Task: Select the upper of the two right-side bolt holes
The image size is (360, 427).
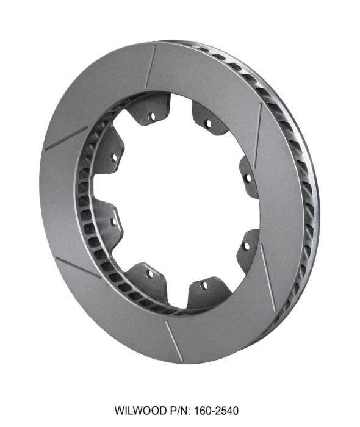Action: pos(247,179)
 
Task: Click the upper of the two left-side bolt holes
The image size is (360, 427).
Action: pos(113,157)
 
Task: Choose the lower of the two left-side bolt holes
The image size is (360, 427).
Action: pos(113,221)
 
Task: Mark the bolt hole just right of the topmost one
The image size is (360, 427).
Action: pos(208,124)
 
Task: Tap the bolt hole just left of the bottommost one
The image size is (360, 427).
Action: pos(150,274)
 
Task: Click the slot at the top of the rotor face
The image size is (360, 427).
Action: pos(151,66)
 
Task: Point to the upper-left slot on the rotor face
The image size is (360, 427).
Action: pos(66,138)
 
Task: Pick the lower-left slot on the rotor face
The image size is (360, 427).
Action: pos(78,267)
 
